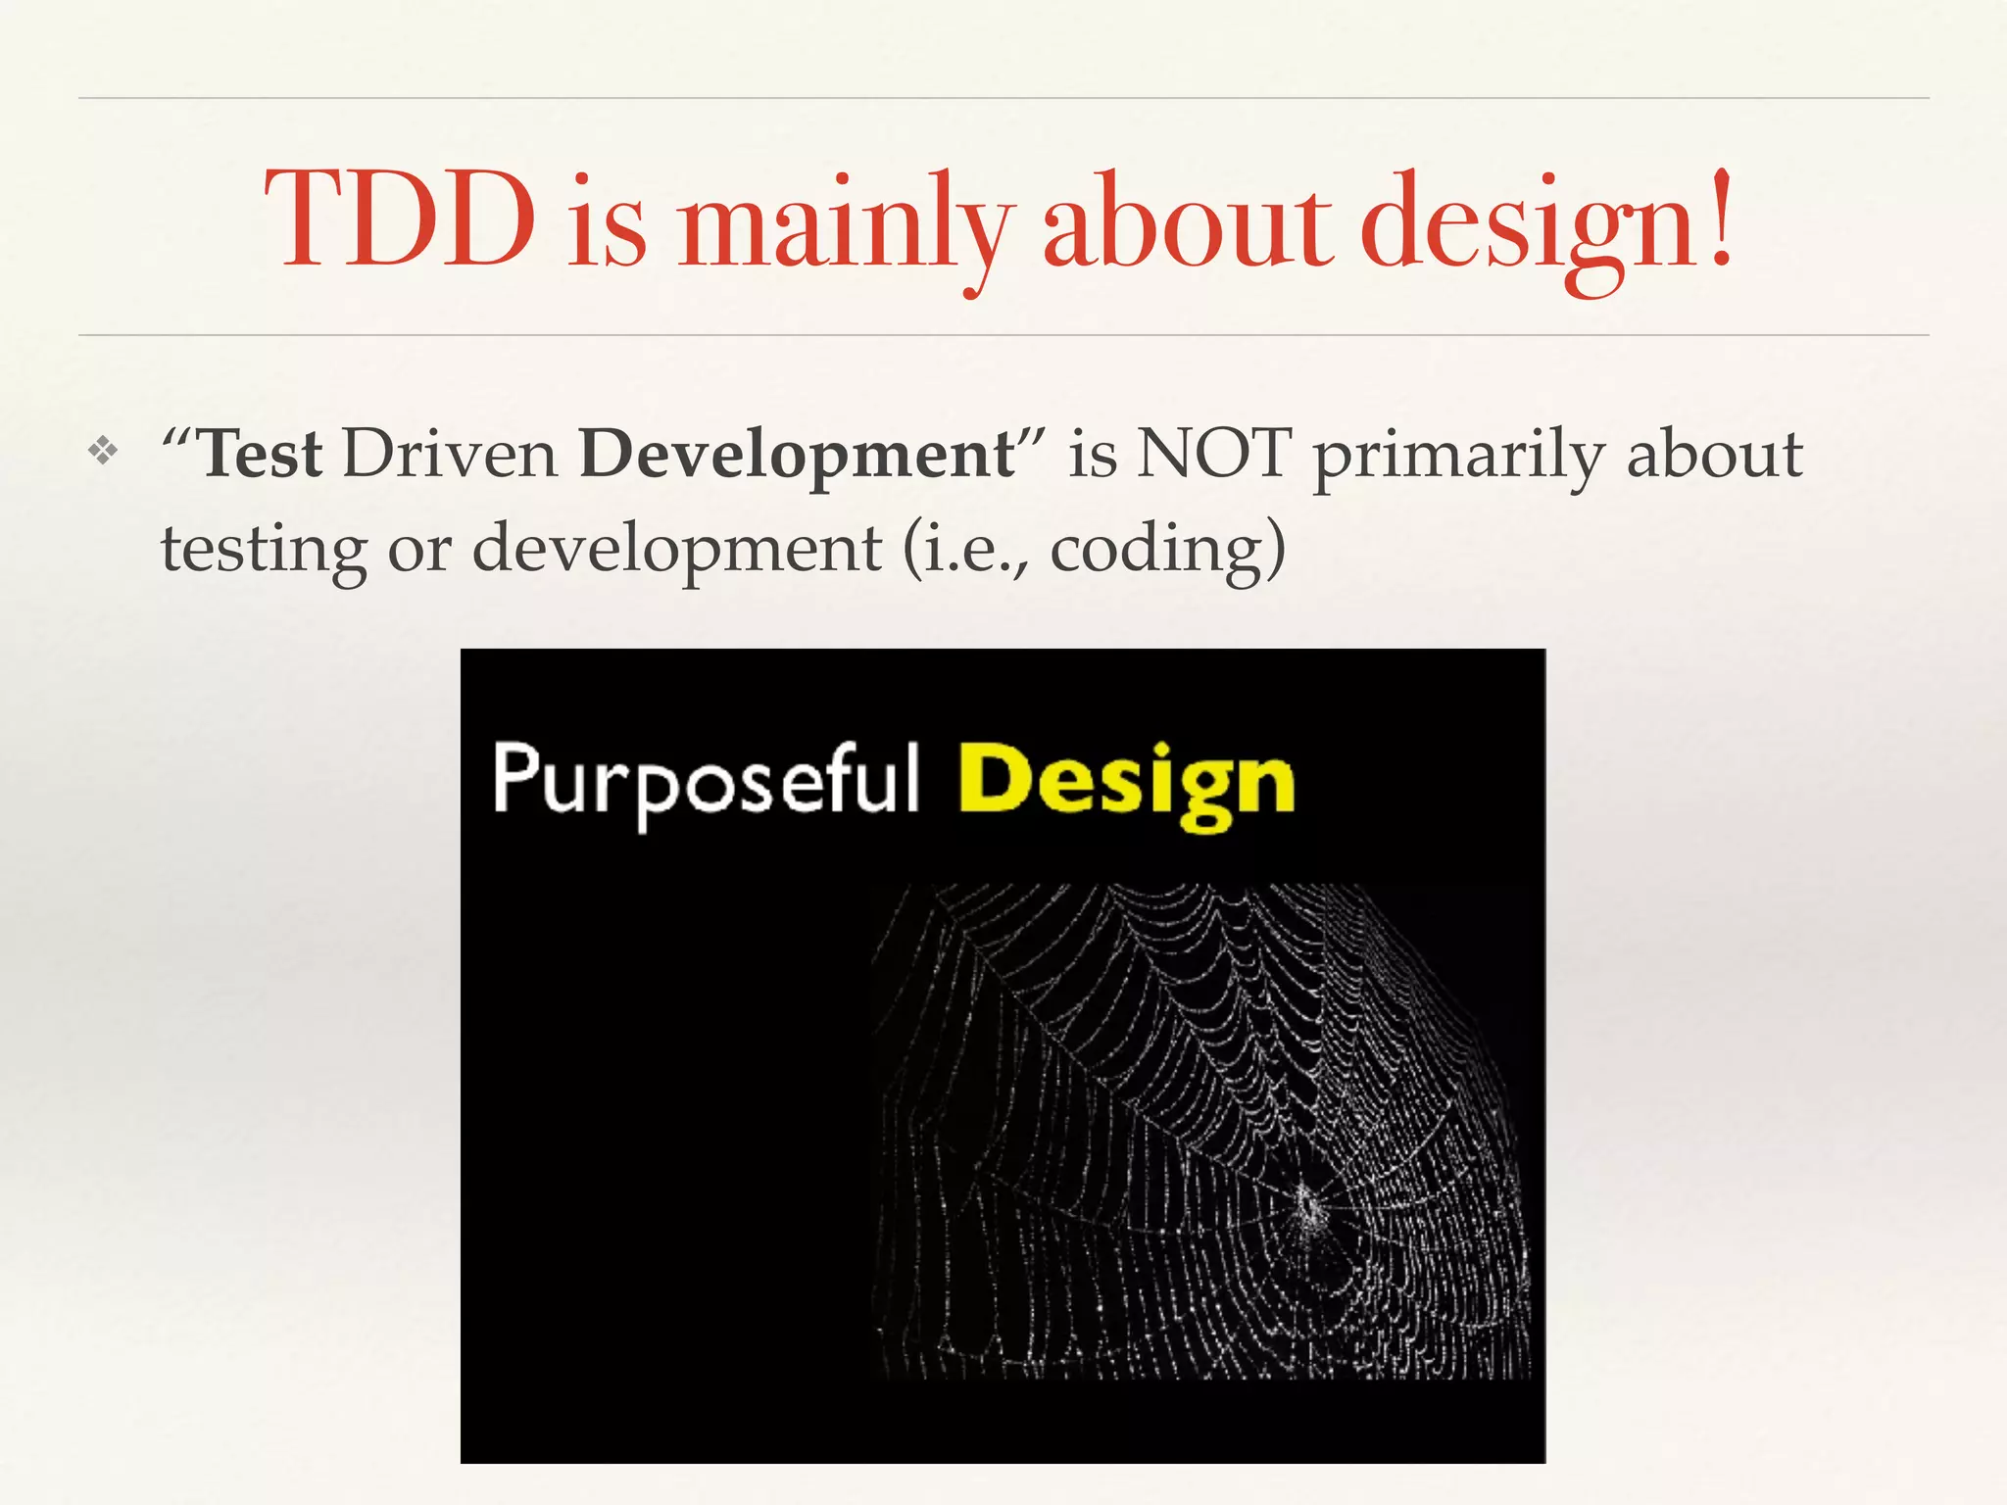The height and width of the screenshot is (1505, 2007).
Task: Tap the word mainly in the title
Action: coord(843,223)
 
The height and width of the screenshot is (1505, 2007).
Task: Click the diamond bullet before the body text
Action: coord(102,452)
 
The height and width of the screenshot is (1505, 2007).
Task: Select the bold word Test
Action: coord(261,455)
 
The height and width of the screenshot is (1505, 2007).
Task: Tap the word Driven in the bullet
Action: coord(450,455)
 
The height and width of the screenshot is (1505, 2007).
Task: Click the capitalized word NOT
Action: coord(1214,455)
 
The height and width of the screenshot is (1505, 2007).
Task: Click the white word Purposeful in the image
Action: coord(706,782)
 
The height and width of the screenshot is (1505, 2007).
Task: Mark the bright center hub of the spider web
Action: coord(1308,1203)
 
